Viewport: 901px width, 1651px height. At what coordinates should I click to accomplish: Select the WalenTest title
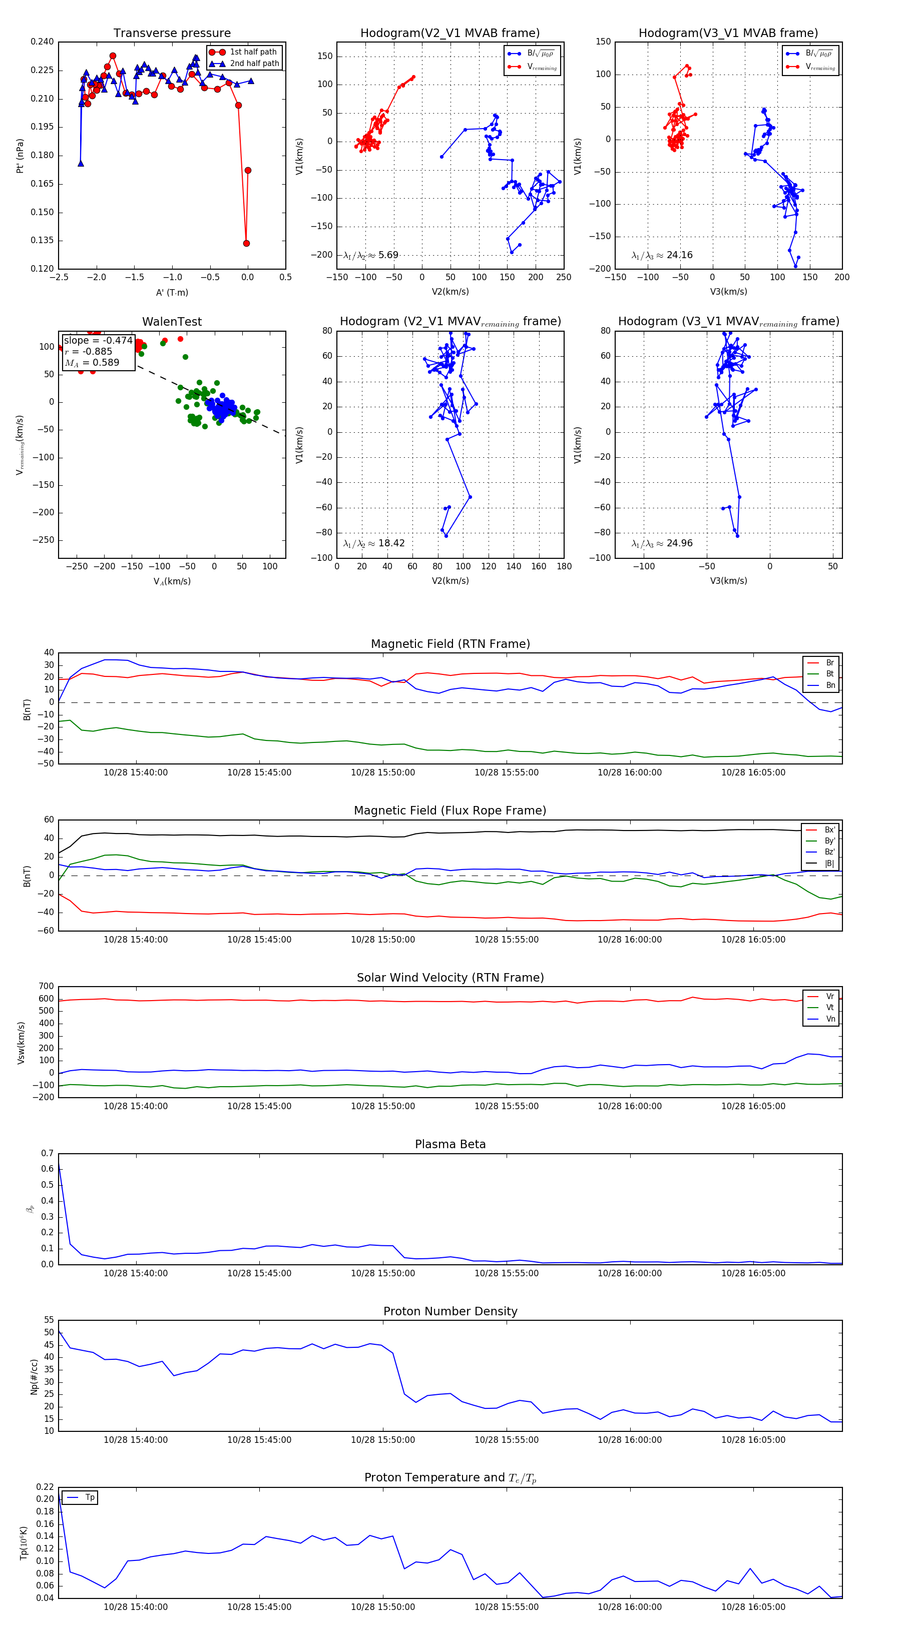tap(172, 321)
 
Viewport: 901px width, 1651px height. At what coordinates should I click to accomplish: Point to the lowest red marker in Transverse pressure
tap(246, 243)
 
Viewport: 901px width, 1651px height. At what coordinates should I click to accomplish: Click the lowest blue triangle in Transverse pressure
tap(81, 164)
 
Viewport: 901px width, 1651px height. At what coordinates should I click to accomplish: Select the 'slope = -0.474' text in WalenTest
tap(98, 340)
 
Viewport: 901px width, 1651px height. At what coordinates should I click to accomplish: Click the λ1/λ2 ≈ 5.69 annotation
tap(370, 255)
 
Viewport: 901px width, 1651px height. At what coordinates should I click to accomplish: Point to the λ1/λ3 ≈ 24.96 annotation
tap(661, 543)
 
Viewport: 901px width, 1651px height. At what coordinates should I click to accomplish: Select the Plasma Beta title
tap(450, 1144)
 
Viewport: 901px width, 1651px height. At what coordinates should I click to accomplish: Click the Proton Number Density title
tap(450, 1311)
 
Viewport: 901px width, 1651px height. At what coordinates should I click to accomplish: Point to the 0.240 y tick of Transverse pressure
tap(43, 42)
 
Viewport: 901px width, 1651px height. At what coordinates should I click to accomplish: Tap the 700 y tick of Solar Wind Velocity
tap(46, 987)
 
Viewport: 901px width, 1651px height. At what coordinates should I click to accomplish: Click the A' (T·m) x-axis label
tap(172, 292)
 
